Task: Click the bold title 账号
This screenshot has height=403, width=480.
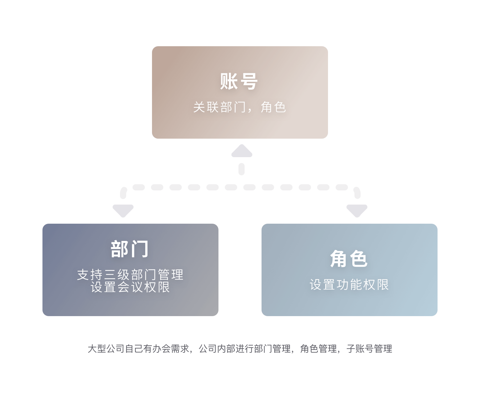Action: pos(239,81)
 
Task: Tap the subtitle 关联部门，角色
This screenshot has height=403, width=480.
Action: pos(240,107)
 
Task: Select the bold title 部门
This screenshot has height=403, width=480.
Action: pos(130,249)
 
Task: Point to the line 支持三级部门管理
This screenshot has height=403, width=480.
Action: pos(130,275)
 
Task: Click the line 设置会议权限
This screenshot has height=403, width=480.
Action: pos(130,287)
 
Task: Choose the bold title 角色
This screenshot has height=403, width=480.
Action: pos(349,258)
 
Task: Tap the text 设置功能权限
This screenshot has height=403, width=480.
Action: pos(349,284)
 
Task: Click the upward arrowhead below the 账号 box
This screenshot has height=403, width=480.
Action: pos(242,151)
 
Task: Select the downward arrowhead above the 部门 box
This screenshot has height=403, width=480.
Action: pos(123,211)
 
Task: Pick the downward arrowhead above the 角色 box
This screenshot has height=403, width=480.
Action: pos(357,211)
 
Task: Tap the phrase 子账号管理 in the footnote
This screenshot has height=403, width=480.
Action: pos(369,349)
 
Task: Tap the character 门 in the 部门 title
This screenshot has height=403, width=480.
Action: pos(139,249)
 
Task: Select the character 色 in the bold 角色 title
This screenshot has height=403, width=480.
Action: pos(358,258)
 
